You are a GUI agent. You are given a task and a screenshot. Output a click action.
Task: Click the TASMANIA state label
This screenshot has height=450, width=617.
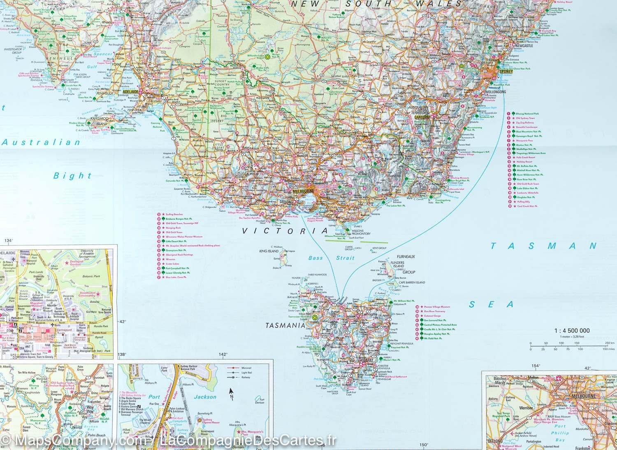pyautogui.click(x=285, y=325)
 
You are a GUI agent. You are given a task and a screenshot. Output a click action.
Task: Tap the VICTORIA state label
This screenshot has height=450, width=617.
pyautogui.click(x=285, y=231)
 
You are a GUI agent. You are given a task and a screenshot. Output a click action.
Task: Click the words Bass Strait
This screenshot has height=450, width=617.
pyautogui.click(x=331, y=258)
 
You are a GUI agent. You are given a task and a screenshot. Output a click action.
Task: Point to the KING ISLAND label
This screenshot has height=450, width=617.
pyautogui.click(x=269, y=251)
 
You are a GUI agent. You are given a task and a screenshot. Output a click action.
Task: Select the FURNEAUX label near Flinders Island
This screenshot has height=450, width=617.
pyautogui.click(x=406, y=257)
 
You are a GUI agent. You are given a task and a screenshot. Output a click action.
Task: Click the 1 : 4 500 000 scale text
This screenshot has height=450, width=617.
pyautogui.click(x=572, y=331)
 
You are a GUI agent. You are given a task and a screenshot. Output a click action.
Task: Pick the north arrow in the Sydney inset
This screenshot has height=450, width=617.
pyautogui.click(x=231, y=393)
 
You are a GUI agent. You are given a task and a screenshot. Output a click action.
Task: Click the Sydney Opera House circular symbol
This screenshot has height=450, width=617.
pyautogui.click(x=199, y=420)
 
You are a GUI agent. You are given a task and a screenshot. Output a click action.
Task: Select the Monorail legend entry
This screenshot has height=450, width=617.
pyautogui.click(x=246, y=368)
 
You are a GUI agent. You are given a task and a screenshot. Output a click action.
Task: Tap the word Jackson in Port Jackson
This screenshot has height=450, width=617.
pyautogui.click(x=205, y=397)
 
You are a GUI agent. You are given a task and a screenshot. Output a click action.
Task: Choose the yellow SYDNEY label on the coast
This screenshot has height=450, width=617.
pyautogui.click(x=506, y=71)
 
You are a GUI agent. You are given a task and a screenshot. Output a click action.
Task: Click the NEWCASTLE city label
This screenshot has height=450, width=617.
pyautogui.click(x=522, y=46)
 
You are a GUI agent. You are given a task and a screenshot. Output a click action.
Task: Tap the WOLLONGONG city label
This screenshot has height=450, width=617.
pyautogui.click(x=495, y=92)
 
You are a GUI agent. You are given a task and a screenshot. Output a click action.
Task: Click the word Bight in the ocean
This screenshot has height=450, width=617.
pyautogui.click(x=72, y=176)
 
